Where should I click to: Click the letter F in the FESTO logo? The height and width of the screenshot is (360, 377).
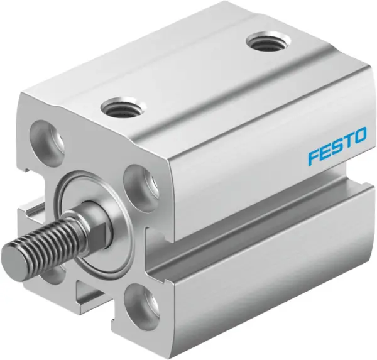tap(313, 157)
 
